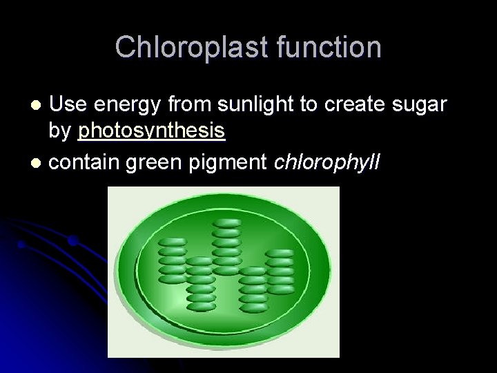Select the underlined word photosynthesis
coord(152,131)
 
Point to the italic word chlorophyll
coord(327,162)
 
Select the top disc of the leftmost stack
coord(173,242)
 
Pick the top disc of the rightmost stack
coord(280,254)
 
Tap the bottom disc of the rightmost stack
coord(280,290)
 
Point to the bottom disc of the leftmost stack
coord(173,278)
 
